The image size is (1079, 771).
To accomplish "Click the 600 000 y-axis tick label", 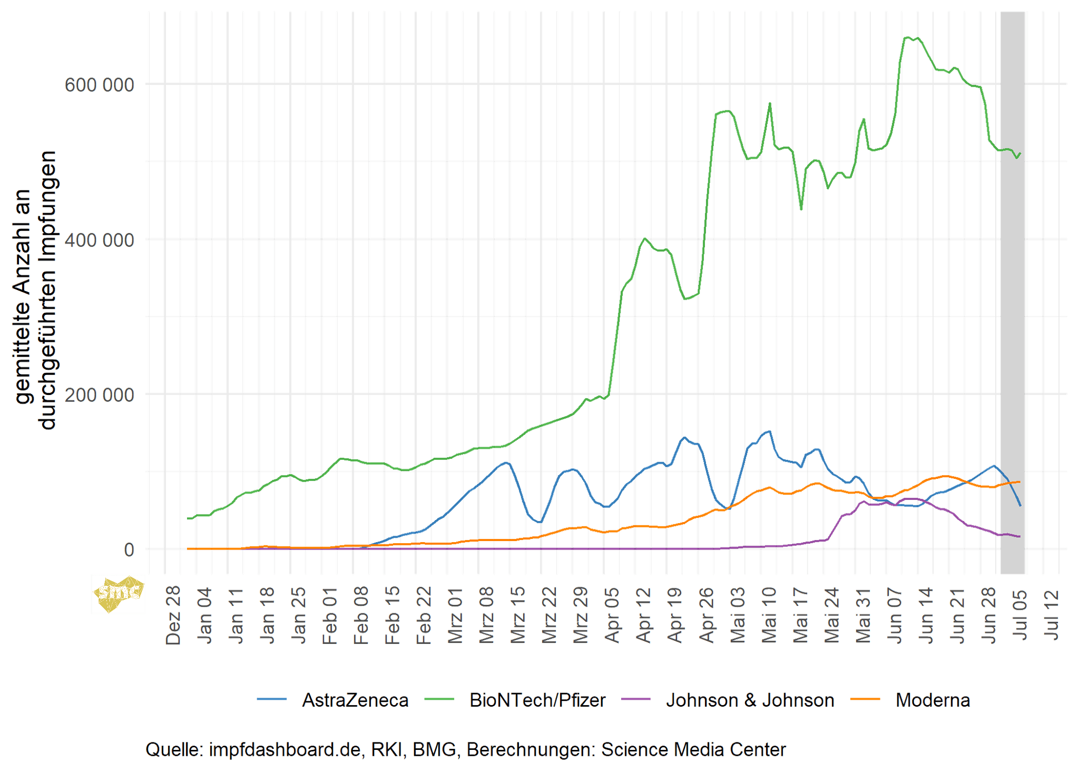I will point(99,84).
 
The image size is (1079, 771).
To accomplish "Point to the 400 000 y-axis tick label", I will point(99,240).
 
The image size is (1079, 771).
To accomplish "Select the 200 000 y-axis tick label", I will point(99,394).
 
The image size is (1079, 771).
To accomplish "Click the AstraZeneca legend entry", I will point(355,700).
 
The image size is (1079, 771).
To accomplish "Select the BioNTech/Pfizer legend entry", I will point(538,700).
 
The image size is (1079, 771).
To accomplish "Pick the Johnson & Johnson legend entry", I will point(750,700).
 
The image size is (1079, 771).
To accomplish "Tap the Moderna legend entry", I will point(933,700).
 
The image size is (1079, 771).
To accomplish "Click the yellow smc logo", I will point(118,593).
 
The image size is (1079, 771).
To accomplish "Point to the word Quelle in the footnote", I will point(174,749).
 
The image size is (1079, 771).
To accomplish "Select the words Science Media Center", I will point(693,749).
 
